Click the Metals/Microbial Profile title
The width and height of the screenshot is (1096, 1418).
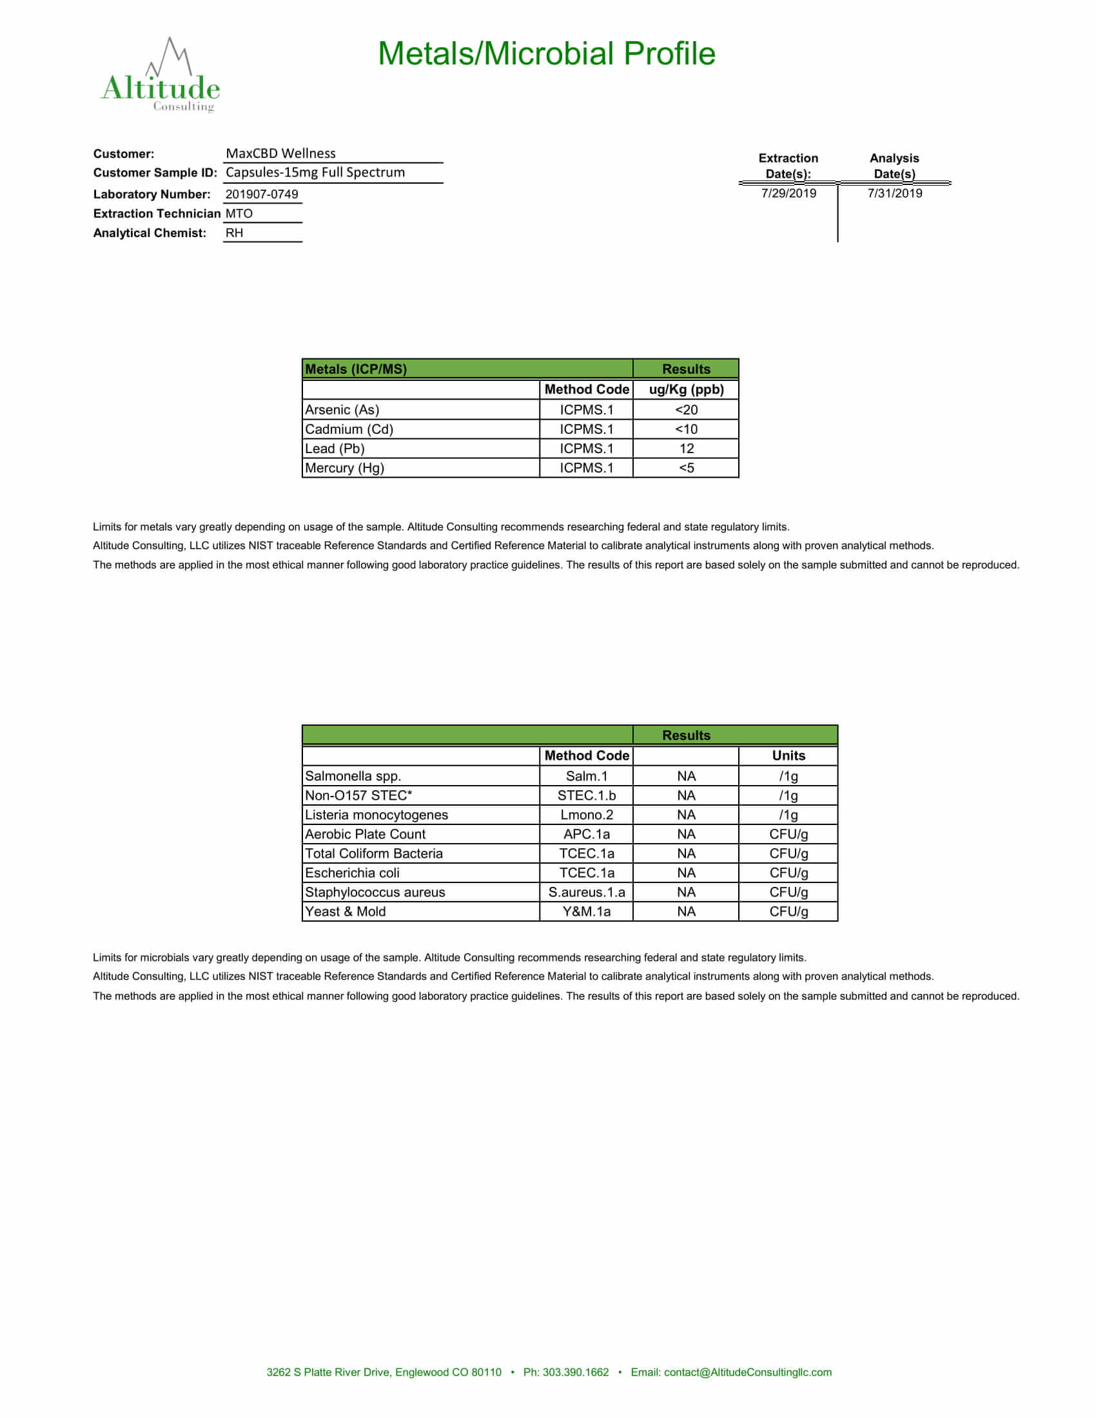coord(546,54)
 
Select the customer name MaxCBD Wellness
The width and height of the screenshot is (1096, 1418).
coord(280,154)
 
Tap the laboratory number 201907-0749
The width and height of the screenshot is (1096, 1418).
coord(262,194)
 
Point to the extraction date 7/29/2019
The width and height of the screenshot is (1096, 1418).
coord(788,193)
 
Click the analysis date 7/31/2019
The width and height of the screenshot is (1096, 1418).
coord(894,193)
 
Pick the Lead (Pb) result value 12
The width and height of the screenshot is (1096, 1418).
coord(687,449)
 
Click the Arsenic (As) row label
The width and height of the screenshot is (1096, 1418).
coord(342,410)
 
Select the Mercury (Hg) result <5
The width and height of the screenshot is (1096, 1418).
coord(687,468)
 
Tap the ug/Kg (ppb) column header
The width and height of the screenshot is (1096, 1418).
coord(687,389)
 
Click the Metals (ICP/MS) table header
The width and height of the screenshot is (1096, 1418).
coord(357,369)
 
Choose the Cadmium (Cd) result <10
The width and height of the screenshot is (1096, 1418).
coord(687,429)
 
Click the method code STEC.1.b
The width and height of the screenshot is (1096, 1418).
coord(586,795)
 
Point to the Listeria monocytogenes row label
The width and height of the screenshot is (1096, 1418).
coord(377,815)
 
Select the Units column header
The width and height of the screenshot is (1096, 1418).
coord(788,756)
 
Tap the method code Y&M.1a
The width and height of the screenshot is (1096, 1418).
coord(586,911)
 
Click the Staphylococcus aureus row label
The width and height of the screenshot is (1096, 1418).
coord(375,892)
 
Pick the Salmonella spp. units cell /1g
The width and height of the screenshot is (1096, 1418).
coord(788,776)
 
